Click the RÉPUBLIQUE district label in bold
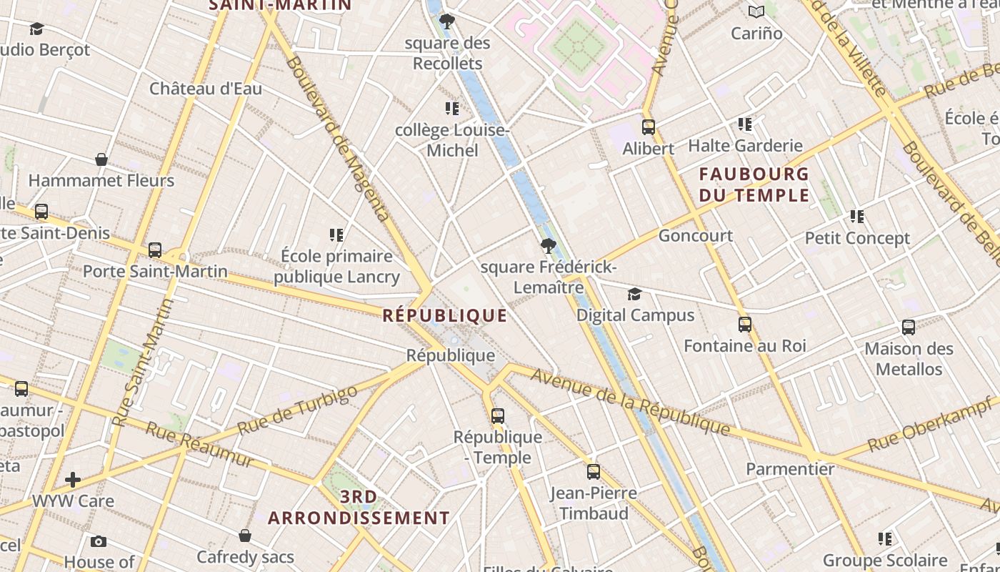444,315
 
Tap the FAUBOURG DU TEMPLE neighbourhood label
754,184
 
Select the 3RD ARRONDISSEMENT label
359,507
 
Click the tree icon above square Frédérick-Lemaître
548,247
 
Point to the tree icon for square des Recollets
447,21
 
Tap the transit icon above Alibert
648,127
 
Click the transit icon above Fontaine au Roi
744,325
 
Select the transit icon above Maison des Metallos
908,327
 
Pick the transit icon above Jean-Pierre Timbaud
593,472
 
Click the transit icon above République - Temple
497,416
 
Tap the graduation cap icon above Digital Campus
634,295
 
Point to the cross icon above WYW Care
72,479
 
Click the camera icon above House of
99,541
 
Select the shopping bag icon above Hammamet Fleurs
101,159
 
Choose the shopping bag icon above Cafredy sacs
245,536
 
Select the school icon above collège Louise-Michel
451,109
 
